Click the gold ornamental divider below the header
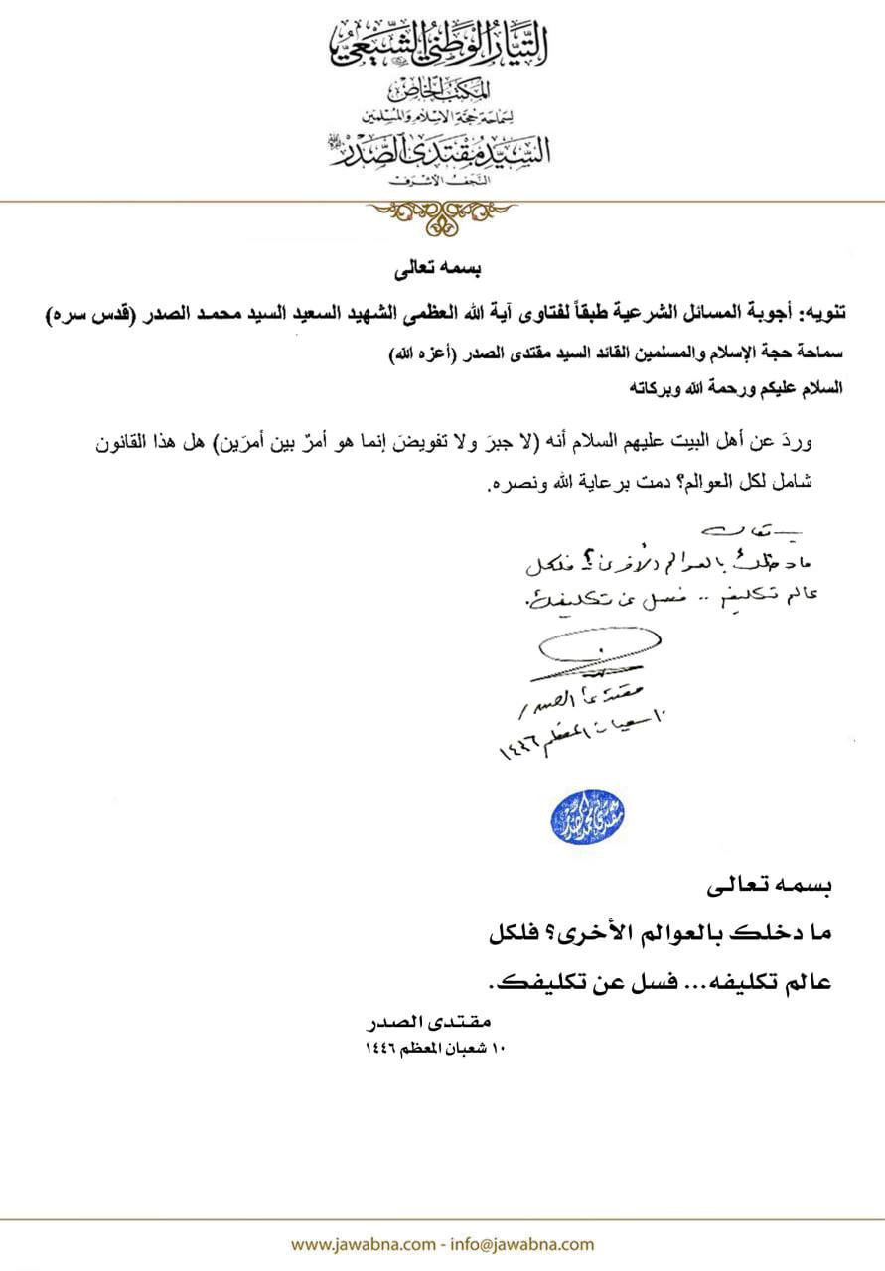tap(441, 211)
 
